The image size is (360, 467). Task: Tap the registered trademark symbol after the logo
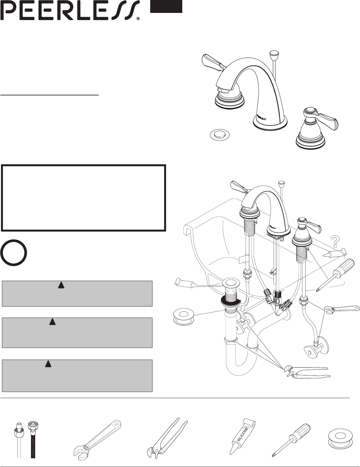pyautogui.click(x=138, y=18)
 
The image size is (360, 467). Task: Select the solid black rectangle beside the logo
pyautogui.click(x=166, y=6)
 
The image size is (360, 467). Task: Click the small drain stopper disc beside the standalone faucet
pyautogui.click(x=219, y=135)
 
